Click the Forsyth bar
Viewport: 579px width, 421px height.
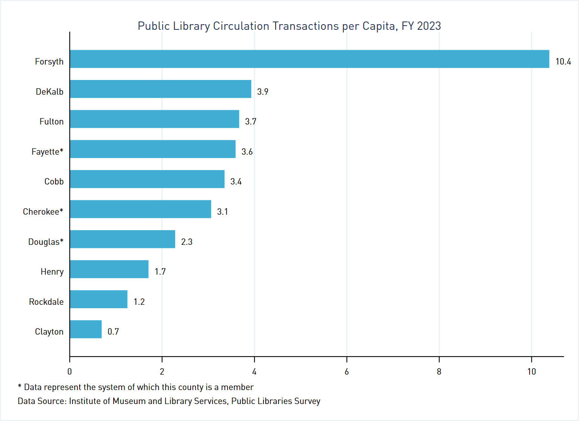[310, 59]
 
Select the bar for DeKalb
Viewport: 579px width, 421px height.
[160, 89]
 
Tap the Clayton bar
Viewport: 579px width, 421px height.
[86, 329]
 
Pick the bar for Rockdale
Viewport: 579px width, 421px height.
[99, 299]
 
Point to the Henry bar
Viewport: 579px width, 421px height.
[109, 269]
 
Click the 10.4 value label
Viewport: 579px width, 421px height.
[563, 61]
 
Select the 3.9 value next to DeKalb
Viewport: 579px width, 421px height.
[263, 92]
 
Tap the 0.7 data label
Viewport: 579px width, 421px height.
[113, 332]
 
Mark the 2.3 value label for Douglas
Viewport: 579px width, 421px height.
[187, 242]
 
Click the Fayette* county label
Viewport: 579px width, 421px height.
[48, 152]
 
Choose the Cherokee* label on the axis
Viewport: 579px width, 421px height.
[43, 212]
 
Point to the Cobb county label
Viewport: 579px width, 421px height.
[54, 181]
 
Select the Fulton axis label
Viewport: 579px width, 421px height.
[52, 121]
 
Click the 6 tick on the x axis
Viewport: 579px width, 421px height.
[346, 372]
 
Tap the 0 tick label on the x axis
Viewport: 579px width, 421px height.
[69, 372]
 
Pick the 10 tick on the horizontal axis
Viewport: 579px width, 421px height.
[531, 372]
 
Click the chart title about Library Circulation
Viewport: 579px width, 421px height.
[289, 26]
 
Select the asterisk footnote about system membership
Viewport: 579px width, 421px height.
[136, 387]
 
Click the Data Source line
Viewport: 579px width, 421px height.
[169, 401]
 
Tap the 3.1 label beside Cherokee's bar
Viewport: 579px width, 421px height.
[222, 212]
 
